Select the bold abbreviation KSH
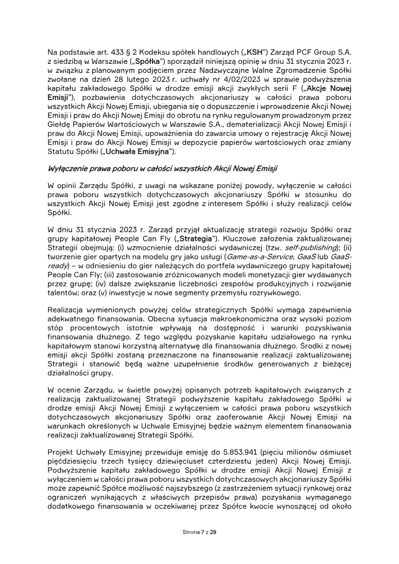tap(262, 51)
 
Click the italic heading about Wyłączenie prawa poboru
tap(163, 168)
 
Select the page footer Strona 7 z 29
tap(199, 533)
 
